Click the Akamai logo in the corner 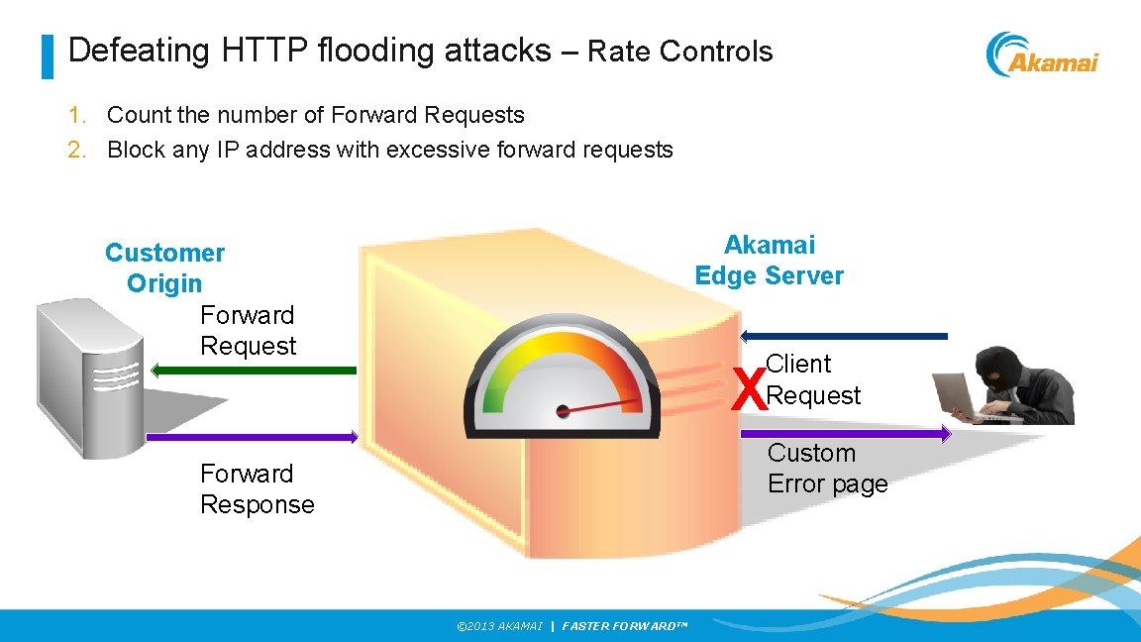1042,54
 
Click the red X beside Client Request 748,388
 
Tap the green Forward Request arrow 254,371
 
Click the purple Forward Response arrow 252,437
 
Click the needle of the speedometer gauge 600,405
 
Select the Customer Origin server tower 89,376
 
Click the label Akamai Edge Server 769,261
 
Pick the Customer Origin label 164,267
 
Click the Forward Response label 257,488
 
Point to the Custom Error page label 827,469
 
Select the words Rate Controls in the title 679,52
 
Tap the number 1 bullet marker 75,115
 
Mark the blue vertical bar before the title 47,56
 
